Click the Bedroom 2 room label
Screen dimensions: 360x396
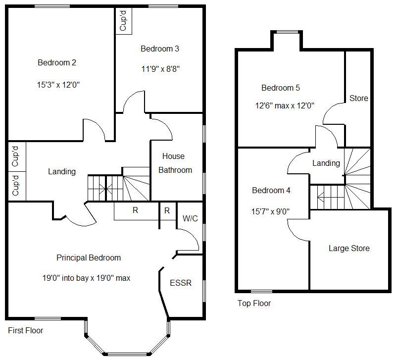57,63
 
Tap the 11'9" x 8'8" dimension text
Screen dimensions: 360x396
160,69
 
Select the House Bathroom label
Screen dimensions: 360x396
177,163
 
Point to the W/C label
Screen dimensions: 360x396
190,218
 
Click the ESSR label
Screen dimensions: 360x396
180,283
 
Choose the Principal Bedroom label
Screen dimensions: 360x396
89,257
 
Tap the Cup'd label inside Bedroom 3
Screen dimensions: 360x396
124,20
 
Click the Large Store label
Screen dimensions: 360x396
349,248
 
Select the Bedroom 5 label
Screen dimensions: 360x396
281,88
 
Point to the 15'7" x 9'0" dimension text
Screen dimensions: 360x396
271,211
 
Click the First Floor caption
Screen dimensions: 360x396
26,330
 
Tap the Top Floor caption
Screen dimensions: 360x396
254,303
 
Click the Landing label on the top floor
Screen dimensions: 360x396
326,163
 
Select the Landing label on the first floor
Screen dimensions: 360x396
62,171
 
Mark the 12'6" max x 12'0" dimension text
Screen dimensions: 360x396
285,105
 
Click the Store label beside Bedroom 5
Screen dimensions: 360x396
359,98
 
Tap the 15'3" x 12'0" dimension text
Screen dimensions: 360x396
58,85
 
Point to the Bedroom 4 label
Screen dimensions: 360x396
271,190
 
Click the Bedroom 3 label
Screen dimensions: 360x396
160,49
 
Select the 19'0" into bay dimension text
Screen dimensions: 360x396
87,278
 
